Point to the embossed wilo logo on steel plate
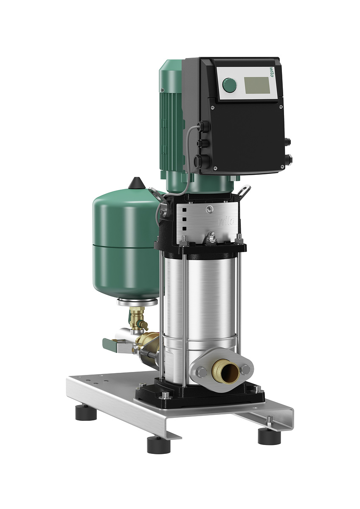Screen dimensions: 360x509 [226, 221]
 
